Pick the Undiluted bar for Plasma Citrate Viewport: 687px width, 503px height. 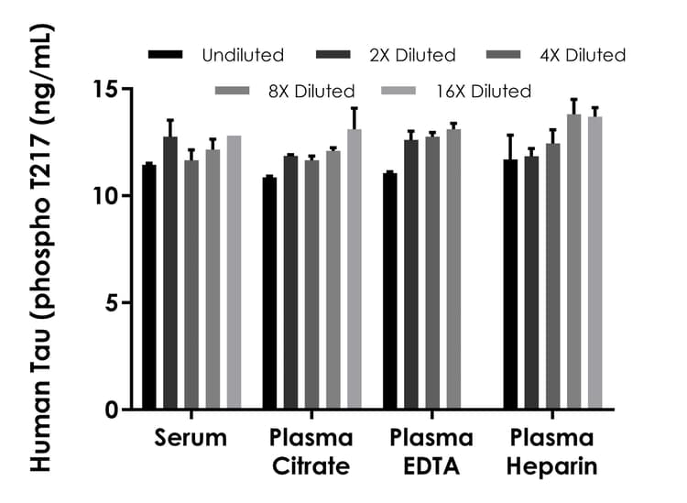269,293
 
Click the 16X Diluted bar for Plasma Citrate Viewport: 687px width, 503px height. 354,269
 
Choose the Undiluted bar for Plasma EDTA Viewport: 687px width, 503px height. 389,291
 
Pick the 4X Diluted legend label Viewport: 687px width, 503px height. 583,56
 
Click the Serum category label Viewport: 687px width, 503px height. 190,438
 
